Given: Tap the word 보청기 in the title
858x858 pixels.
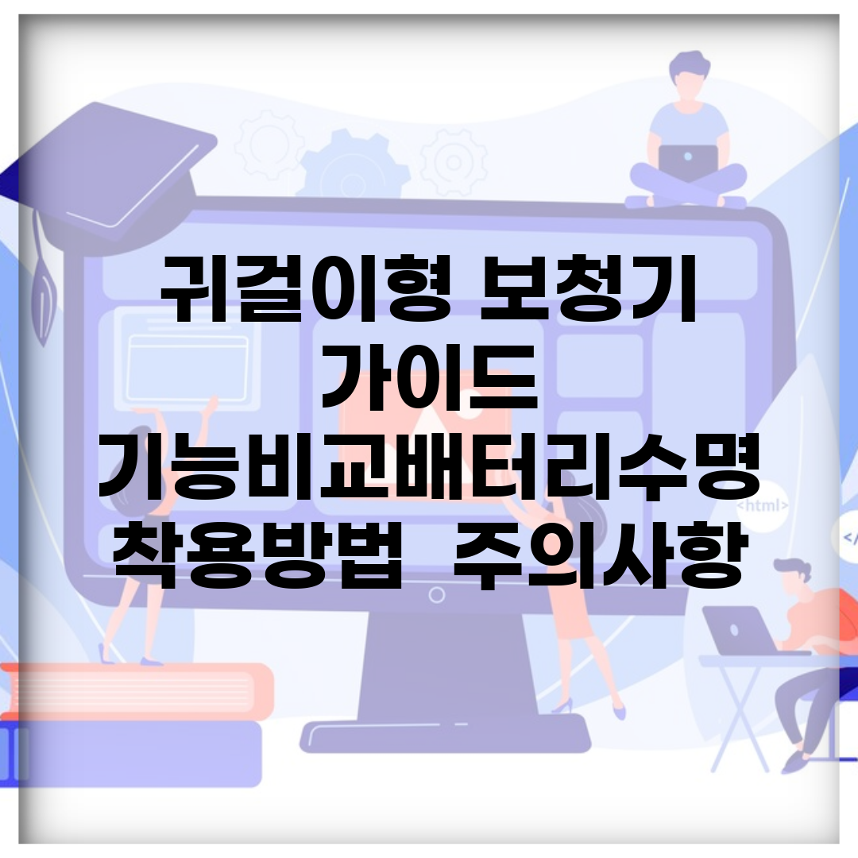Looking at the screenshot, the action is pos(588,288).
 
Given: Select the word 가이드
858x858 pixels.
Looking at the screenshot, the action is pos(430,377).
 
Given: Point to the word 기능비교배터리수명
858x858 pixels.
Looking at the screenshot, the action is pos(430,466).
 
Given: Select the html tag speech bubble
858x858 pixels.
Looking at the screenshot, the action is pos(762,505).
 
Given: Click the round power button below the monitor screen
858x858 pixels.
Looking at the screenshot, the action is pos(437,595).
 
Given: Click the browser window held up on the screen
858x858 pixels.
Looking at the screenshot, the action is pos(187,369).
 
